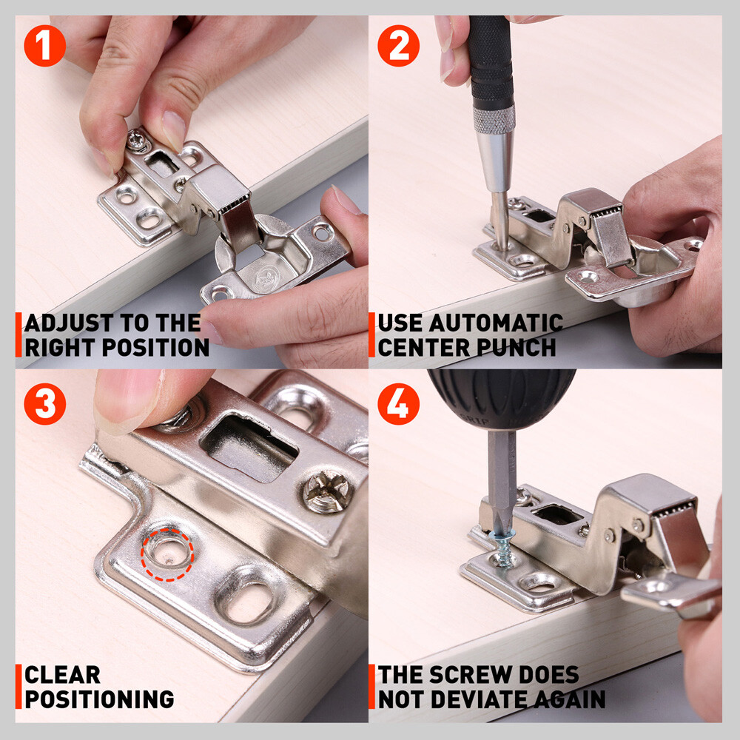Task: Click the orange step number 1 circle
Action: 45,46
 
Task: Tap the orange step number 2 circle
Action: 398,46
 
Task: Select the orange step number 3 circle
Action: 45,403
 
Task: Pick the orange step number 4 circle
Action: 398,403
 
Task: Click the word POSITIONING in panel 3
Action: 99,699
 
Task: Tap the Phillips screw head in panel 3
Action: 327,491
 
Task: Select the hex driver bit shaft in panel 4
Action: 500,474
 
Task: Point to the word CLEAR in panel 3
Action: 62,675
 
